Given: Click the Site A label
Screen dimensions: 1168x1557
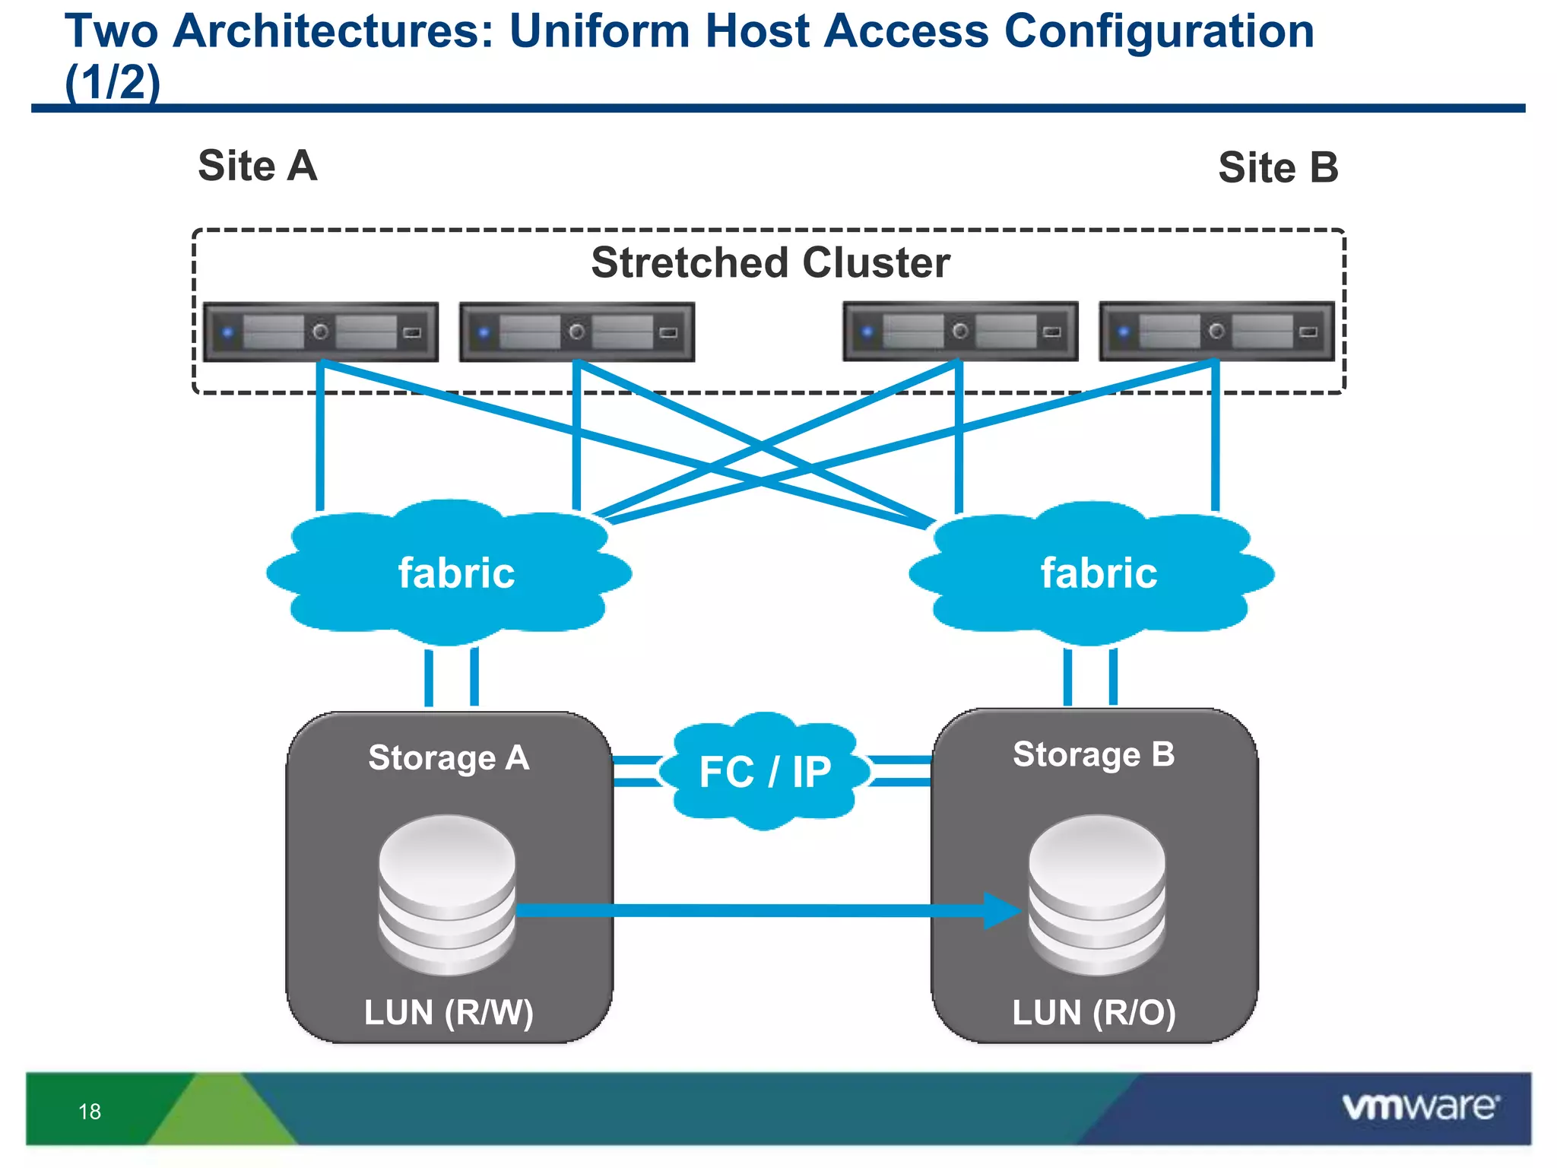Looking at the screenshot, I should coord(257,166).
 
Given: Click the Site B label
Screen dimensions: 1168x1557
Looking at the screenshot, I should coord(1277,167).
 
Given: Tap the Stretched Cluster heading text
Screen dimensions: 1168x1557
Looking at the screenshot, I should coord(770,263).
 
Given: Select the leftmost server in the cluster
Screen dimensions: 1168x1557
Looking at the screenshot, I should coord(321,332).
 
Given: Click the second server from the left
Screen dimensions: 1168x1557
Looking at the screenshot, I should coord(577,332).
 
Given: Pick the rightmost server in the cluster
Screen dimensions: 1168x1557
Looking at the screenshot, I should coord(1216,331).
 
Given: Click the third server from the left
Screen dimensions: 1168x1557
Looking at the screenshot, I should coord(960,331).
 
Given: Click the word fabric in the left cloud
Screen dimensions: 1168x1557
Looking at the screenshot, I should coord(456,573).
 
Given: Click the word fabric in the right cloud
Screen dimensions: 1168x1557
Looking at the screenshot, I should coord(1099,573).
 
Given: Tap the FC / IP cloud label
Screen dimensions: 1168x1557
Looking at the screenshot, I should coord(764,772).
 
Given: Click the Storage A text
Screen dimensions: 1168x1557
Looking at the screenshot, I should coord(449,758).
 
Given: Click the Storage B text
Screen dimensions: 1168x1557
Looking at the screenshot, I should coord(1093,754).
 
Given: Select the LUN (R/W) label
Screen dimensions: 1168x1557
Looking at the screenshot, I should coord(449,1013).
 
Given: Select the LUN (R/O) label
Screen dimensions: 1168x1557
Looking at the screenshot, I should coord(1093,1013).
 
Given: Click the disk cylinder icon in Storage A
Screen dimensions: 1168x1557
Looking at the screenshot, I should coord(447,895).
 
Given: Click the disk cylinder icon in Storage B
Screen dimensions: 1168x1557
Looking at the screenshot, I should coord(1096,895).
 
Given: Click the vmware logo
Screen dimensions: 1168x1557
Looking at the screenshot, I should coord(1420,1107).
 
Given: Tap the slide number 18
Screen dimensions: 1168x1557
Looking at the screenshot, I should coord(90,1112).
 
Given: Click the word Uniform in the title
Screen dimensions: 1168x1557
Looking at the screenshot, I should coord(598,32).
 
